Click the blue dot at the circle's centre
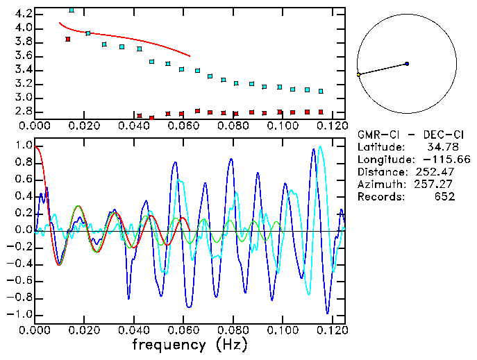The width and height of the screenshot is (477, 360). pyautogui.click(x=407, y=64)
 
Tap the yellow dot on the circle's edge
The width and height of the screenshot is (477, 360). pyautogui.click(x=358, y=74)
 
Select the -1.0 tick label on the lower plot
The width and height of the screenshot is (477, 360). pyautogui.click(x=19, y=314)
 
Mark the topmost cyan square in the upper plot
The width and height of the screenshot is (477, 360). pyautogui.click(x=72, y=10)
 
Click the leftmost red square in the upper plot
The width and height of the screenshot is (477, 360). pyautogui.click(x=67, y=40)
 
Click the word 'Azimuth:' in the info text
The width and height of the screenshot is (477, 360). pyautogui.click(x=379, y=184)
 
